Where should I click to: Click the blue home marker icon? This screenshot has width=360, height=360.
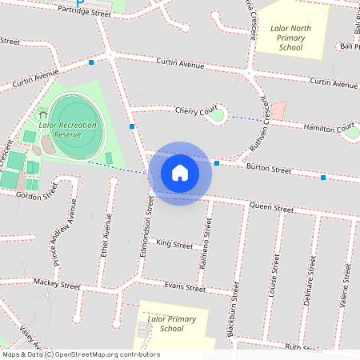(180, 172)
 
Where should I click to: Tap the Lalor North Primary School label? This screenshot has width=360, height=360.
(290, 38)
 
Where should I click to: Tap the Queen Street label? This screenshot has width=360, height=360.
(271, 207)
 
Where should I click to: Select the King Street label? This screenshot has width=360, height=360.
(174, 242)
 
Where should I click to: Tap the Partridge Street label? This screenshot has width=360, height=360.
(85, 13)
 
